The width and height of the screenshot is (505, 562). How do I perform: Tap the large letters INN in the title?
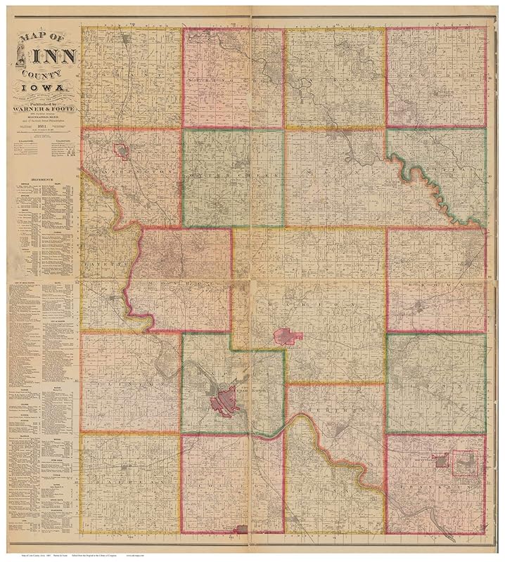52,55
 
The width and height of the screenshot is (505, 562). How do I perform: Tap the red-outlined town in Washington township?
122,151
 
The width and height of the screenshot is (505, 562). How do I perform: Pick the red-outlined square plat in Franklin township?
464,463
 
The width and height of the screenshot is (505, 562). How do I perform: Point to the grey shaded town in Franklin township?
441,462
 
